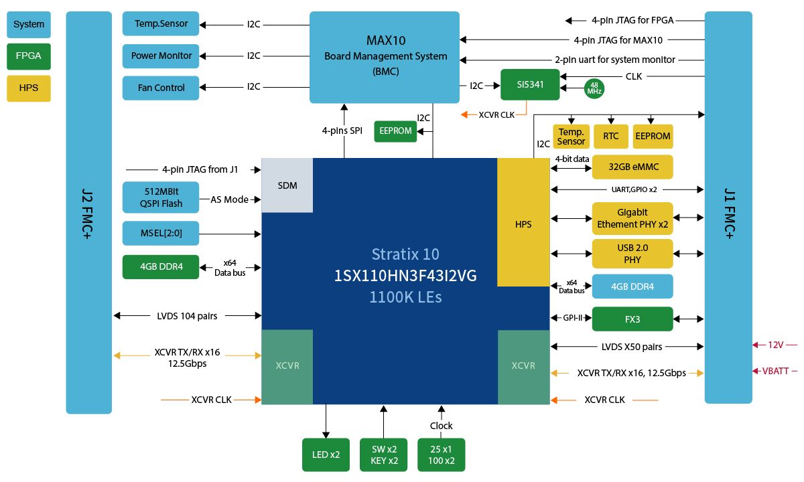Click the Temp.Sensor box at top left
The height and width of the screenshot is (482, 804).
coord(161,24)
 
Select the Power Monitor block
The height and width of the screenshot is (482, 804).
coord(161,56)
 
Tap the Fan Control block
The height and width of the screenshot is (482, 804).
coord(161,88)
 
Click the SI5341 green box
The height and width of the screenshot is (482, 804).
coord(530,85)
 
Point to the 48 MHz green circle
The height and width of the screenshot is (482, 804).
coord(594,88)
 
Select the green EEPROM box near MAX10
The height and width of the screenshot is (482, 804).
coord(395,131)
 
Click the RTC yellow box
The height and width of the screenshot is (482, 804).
coord(610,136)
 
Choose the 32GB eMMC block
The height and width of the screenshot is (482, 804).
coord(632,167)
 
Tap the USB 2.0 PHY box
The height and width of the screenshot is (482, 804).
coord(632,253)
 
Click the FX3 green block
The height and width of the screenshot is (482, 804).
coord(632,319)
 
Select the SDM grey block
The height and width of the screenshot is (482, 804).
coord(287,185)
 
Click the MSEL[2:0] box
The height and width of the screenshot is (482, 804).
coord(161,233)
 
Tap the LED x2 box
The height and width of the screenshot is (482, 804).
coord(326,455)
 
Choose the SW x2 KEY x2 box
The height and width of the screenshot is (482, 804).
coord(383,455)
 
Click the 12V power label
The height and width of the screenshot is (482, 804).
coord(776,345)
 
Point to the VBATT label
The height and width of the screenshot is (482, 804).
coord(776,371)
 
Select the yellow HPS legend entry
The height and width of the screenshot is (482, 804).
coord(29,88)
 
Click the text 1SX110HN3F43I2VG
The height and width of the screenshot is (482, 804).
coord(405,275)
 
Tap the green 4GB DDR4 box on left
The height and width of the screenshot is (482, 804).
coord(161,266)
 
